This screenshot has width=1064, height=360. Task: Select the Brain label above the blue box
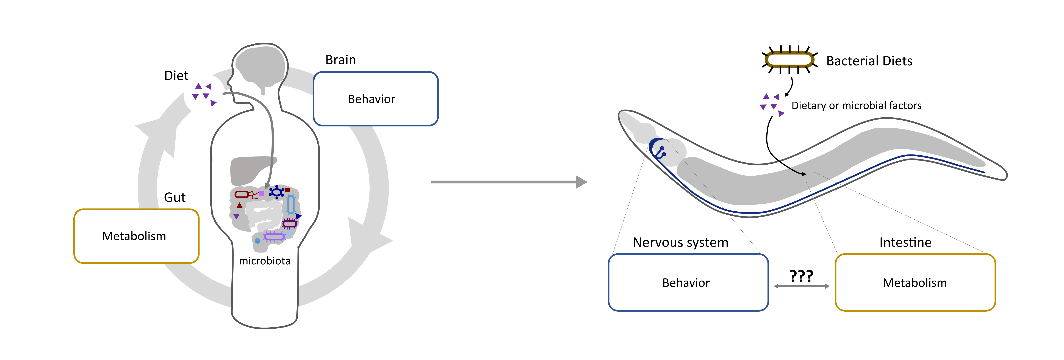[x=340, y=60]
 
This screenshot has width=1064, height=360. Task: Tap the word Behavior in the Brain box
[x=371, y=99]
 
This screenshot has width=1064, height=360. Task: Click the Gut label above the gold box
[x=175, y=197]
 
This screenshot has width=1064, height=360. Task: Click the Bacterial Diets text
[x=869, y=61]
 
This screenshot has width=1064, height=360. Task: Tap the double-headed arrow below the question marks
[x=801, y=286]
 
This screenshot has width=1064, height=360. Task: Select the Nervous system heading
[x=680, y=242]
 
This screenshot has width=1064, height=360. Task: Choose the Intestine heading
[x=905, y=242]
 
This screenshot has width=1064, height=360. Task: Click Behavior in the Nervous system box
[x=686, y=283]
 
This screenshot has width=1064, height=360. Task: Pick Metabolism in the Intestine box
[x=915, y=283]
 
